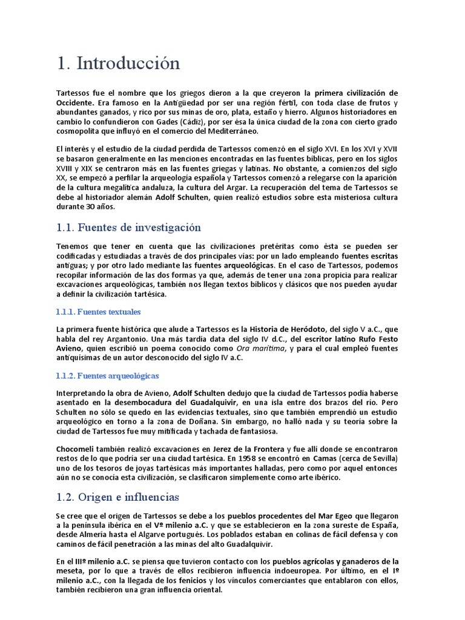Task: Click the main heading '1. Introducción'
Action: coord(118,64)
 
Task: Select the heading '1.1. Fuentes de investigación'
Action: coord(128,228)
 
